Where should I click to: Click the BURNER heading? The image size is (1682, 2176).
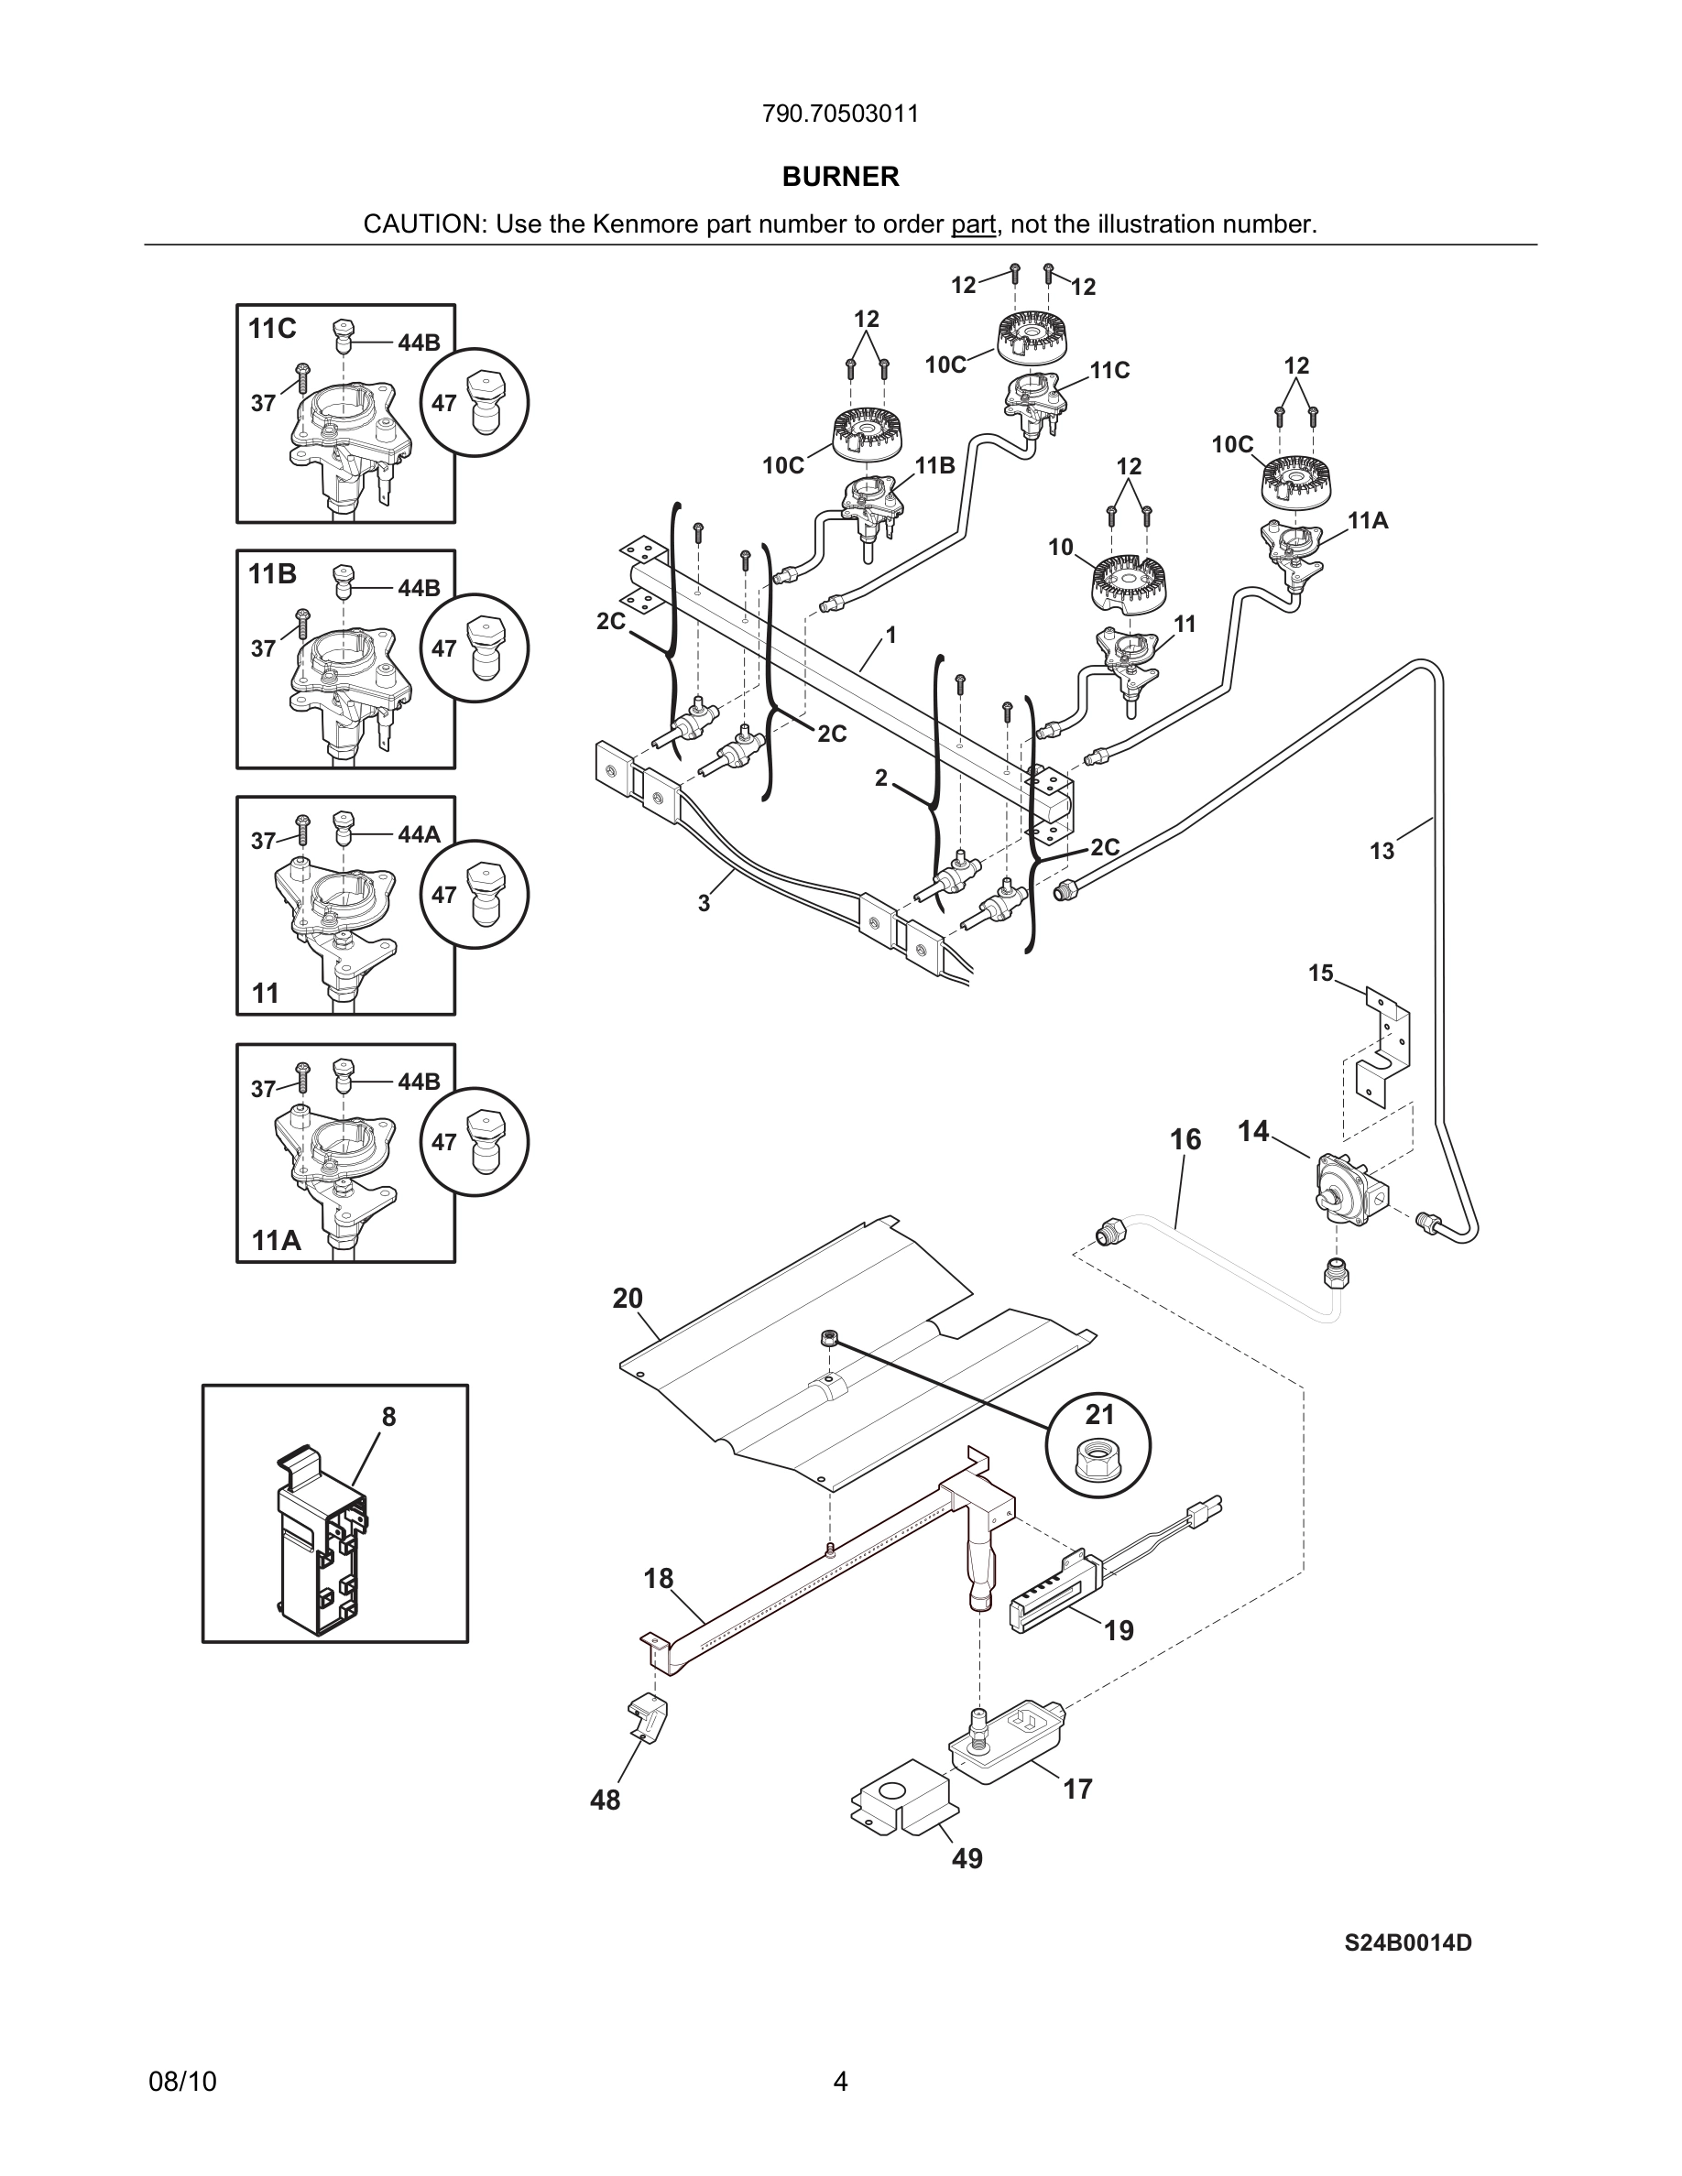[840, 177]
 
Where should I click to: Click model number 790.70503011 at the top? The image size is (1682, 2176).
[840, 114]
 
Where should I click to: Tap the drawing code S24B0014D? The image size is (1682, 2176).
[1407, 1942]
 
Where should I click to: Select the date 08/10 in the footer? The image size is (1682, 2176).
[182, 2082]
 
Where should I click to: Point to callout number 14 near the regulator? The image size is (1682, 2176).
[1252, 1131]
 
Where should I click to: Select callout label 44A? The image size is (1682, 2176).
[419, 835]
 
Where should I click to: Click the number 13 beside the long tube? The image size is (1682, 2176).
[1382, 851]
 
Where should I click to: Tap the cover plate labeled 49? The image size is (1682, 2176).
[901, 1803]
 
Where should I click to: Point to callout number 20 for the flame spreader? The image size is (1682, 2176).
[628, 1299]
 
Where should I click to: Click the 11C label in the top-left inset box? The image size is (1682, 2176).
[272, 329]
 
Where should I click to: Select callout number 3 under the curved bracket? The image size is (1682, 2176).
[704, 903]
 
